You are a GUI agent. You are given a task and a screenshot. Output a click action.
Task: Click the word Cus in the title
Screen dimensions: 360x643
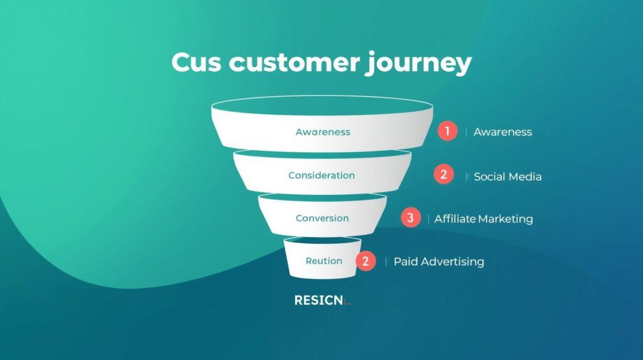tap(197, 63)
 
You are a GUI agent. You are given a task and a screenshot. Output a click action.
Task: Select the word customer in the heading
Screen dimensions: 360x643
tap(295, 63)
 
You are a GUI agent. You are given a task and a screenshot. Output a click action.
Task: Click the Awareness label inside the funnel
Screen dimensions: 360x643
tap(323, 132)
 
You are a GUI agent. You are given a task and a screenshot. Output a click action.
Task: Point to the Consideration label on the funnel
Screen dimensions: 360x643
tap(321, 175)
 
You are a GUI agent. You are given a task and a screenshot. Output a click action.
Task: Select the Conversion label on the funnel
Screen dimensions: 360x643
tap(322, 218)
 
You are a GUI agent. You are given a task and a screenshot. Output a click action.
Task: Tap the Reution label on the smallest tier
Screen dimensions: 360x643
tap(323, 261)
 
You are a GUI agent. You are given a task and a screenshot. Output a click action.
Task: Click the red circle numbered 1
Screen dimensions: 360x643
tap(447, 131)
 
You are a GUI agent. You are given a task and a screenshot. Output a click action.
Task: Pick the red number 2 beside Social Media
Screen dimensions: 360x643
tap(443, 175)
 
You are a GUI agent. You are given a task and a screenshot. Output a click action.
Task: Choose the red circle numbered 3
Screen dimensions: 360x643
tap(411, 218)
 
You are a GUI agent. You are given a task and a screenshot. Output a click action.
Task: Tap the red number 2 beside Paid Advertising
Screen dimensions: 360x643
tap(365, 261)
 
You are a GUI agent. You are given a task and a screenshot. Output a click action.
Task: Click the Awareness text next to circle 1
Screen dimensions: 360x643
tap(502, 132)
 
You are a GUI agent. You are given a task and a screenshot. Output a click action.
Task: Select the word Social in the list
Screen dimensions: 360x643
tap(489, 177)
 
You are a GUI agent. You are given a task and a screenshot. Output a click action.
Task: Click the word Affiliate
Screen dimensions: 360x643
tap(455, 219)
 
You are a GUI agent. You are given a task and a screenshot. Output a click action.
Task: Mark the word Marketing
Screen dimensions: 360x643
tap(505, 219)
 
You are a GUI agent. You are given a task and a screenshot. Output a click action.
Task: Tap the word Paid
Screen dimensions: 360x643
tap(406, 261)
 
